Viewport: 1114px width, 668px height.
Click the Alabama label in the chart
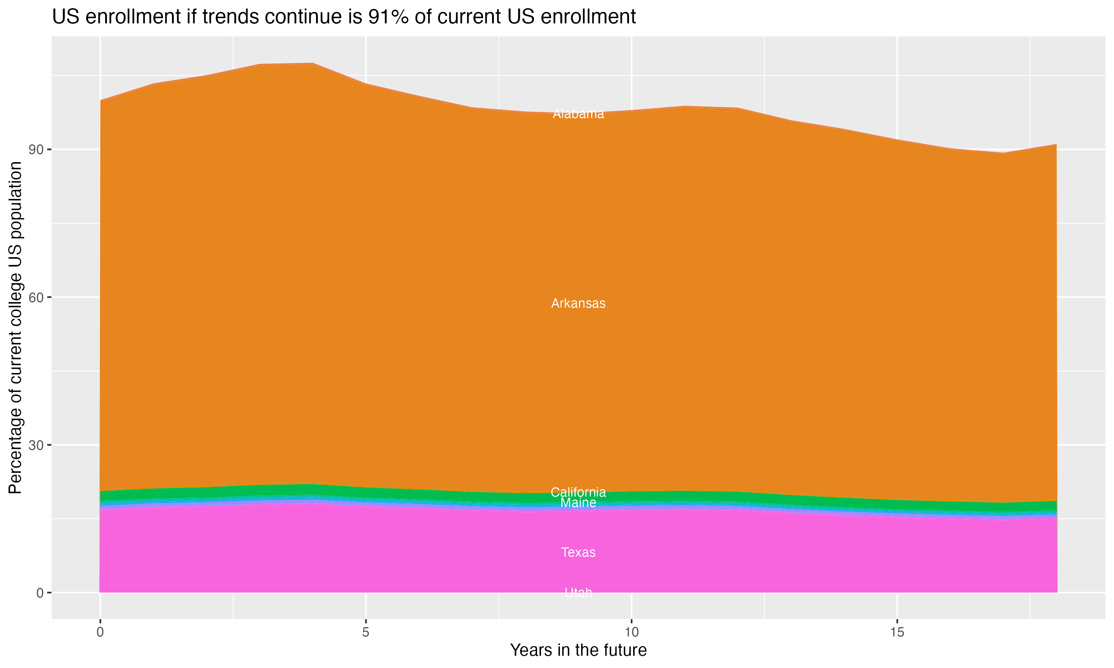pyautogui.click(x=578, y=114)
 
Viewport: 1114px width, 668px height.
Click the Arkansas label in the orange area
pyautogui.click(x=578, y=304)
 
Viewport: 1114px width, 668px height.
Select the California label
pyautogui.click(x=578, y=492)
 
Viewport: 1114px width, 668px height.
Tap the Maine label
pyautogui.click(x=578, y=503)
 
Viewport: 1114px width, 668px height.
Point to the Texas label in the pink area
pyautogui.click(x=578, y=552)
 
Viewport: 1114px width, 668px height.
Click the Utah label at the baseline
pyautogui.click(x=578, y=593)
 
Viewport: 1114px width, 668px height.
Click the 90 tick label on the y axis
pyautogui.click(x=36, y=150)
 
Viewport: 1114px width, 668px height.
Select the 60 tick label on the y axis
pyautogui.click(x=36, y=298)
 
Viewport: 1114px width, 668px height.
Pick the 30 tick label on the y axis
pyautogui.click(x=36, y=445)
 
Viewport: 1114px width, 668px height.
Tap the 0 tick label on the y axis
pyautogui.click(x=40, y=593)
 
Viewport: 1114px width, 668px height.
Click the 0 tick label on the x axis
pyautogui.click(x=100, y=632)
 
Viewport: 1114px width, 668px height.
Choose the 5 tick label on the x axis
pyautogui.click(x=366, y=632)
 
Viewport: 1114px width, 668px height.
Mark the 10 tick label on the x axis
pyautogui.click(x=631, y=632)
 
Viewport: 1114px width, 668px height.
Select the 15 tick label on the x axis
pyautogui.click(x=897, y=632)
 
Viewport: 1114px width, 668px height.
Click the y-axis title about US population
pyautogui.click(x=15, y=327)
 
